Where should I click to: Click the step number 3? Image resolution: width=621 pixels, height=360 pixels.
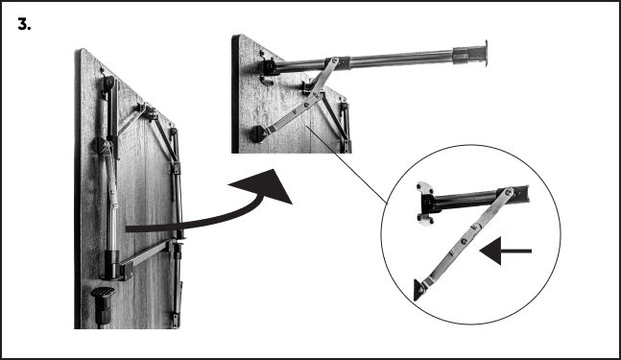coord(25,24)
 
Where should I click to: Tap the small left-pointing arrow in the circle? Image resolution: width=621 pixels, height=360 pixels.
coord(505,253)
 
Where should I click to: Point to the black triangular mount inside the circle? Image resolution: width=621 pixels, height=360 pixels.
coord(420,289)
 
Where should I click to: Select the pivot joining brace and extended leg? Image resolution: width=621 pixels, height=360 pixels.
coord(334,63)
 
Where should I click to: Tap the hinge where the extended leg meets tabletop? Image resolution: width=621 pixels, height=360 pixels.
coord(271,67)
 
